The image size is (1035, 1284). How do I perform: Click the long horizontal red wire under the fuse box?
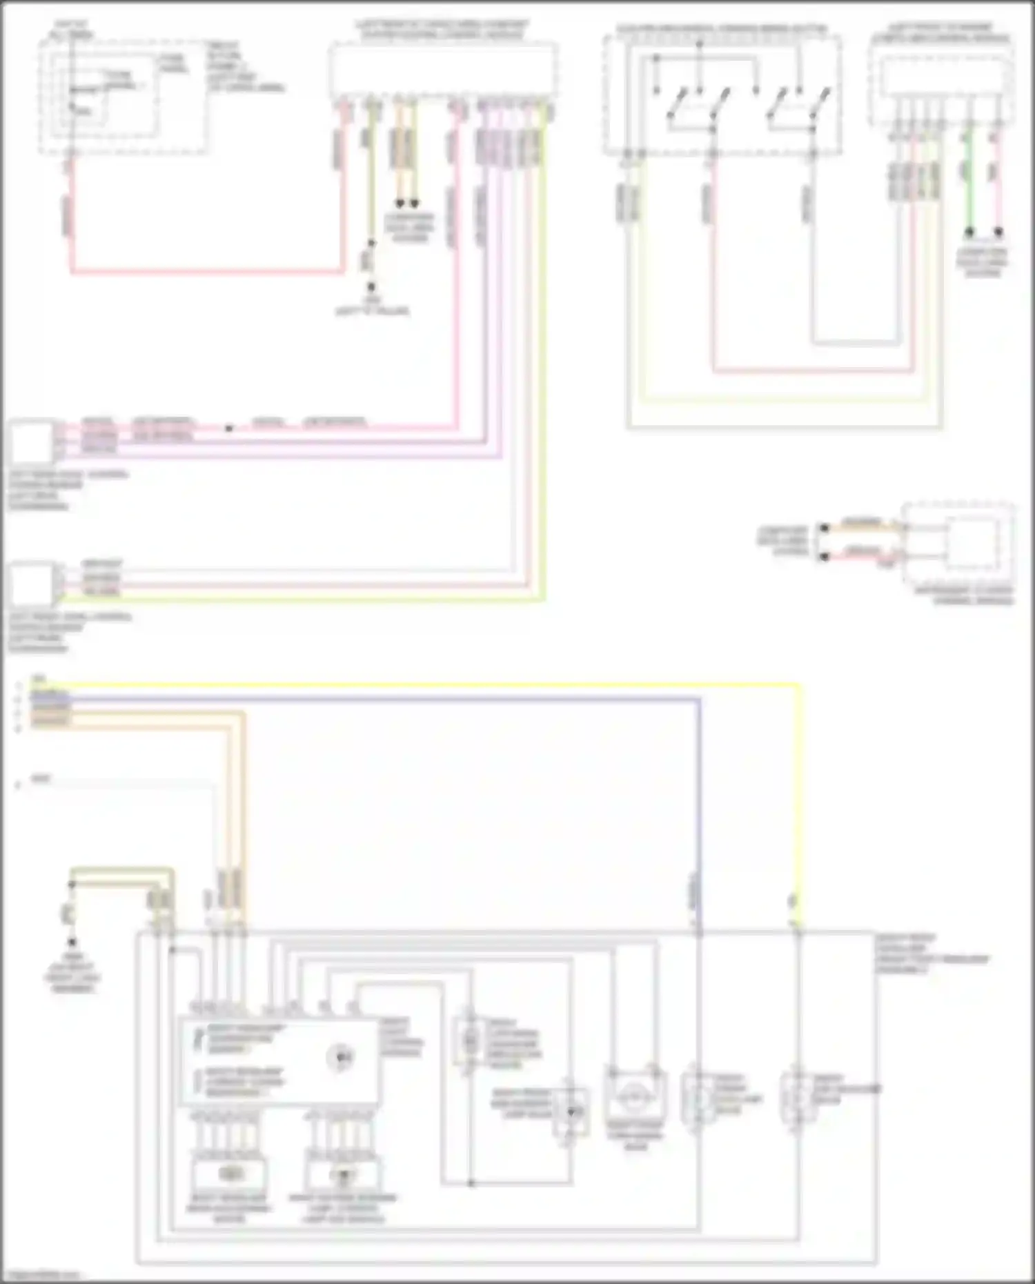pos(207,271)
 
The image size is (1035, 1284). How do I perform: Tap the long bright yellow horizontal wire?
pos(414,684)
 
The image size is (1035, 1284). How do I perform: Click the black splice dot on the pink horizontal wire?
pos(229,428)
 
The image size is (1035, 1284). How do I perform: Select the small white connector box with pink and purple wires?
pos(30,442)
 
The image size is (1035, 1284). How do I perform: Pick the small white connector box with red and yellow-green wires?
pos(30,583)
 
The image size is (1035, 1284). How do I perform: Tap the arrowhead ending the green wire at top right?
pos(969,233)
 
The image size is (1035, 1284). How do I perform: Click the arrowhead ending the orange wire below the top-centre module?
pos(399,204)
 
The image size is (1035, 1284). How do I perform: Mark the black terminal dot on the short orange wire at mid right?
pos(823,529)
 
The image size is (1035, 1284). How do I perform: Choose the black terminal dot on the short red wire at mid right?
pos(823,556)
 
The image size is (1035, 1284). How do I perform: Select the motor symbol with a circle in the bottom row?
pos(635,1096)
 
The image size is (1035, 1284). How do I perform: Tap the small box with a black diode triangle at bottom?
pos(571,1112)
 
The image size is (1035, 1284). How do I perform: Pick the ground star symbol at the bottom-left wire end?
pos(72,942)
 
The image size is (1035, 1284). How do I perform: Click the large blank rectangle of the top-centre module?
pos(443,69)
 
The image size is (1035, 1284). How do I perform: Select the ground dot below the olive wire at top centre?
pos(371,286)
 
